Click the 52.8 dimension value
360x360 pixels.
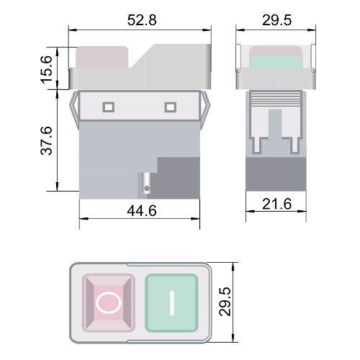[142, 20]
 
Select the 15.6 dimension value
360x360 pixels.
[46, 70]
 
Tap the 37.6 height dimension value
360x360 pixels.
[46, 140]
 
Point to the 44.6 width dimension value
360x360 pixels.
[142, 211]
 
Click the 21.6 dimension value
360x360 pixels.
[276, 204]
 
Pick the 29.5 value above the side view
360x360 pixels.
[276, 20]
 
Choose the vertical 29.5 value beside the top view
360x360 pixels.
[225, 302]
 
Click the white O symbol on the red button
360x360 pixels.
[109, 302]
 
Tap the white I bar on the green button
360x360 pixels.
[172, 302]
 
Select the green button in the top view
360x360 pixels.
[171, 303]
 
